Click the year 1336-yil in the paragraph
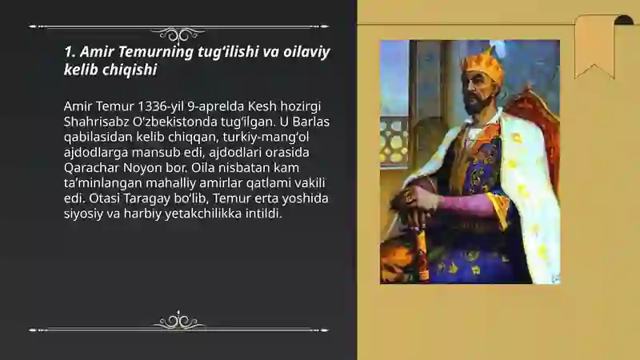tap(161, 106)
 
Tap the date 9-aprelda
tap(215, 106)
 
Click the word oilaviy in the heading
tap(306, 52)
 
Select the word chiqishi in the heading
tap(130, 70)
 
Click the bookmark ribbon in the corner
tap(594, 46)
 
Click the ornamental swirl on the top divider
tap(178, 34)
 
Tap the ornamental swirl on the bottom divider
tap(178, 321)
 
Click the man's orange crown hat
tap(482, 66)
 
